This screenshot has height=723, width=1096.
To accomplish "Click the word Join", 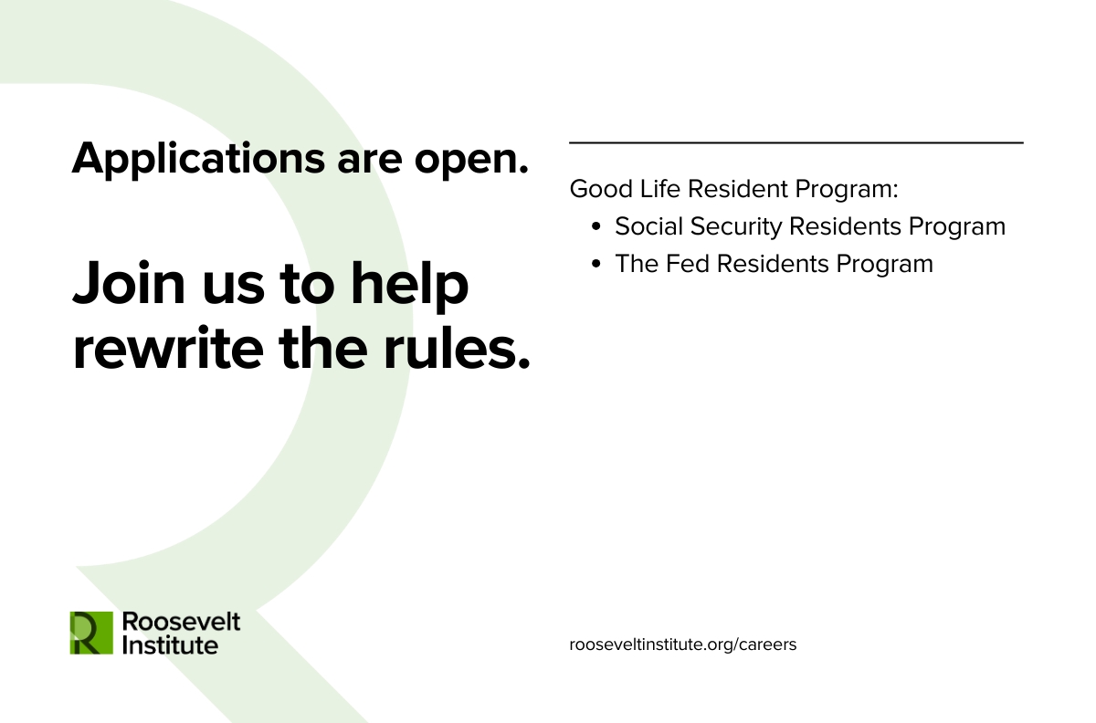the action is click(x=129, y=283).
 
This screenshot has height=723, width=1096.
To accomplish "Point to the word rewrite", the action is click(x=168, y=349).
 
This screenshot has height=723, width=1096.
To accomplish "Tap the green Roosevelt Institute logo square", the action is click(x=91, y=633).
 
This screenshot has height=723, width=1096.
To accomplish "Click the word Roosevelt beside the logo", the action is click(x=181, y=622).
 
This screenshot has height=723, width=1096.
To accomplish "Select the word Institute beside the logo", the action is click(x=170, y=644).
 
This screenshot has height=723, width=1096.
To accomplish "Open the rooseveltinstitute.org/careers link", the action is click(x=683, y=644).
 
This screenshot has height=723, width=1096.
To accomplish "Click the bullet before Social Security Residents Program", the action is click(x=595, y=226).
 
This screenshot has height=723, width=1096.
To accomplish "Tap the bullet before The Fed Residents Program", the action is click(x=595, y=264).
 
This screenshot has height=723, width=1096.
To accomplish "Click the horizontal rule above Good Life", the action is click(x=796, y=142).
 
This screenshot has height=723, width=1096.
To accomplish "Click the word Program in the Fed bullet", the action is click(x=885, y=265).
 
